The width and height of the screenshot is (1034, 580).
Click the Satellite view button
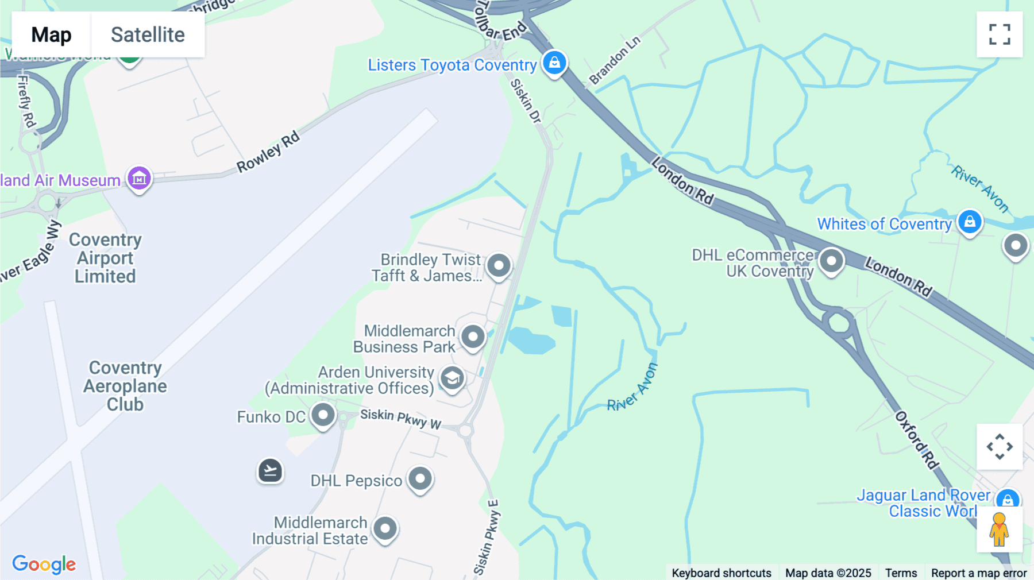[x=148, y=35]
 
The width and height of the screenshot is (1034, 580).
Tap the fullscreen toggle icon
[x=1000, y=34]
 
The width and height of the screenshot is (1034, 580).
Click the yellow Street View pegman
[x=999, y=529]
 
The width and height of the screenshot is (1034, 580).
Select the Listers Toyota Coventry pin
[x=554, y=63]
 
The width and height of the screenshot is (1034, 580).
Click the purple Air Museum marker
[x=139, y=179]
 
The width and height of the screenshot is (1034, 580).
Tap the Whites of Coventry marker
[x=970, y=222]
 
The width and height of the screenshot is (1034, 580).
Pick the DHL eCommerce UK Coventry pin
[x=831, y=261]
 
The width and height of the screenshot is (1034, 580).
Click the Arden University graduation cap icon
[x=452, y=378]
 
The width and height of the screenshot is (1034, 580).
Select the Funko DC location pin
[x=323, y=415]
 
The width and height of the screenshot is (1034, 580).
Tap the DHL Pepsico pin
[x=420, y=479]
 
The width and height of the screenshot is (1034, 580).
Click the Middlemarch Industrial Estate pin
[x=385, y=529]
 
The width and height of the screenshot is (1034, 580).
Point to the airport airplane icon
[x=270, y=471]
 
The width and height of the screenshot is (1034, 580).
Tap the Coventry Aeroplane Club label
[x=125, y=386]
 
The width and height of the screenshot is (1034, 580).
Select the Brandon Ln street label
[x=615, y=60]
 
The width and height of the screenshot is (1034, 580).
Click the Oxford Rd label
[x=917, y=440]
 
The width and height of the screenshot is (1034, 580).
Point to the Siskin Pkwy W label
[x=400, y=419]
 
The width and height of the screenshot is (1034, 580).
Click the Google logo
[x=44, y=564]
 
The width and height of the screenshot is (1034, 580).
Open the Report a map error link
[x=979, y=573]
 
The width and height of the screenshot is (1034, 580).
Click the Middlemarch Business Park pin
[x=473, y=337]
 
